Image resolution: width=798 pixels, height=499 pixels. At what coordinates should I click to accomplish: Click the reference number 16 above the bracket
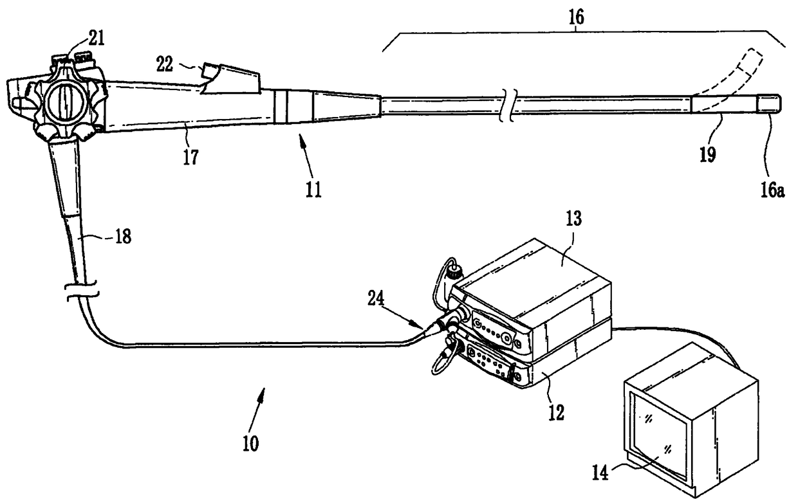pyautogui.click(x=575, y=17)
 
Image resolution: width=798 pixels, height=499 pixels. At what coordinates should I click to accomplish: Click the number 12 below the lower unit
pyautogui.click(x=555, y=412)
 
